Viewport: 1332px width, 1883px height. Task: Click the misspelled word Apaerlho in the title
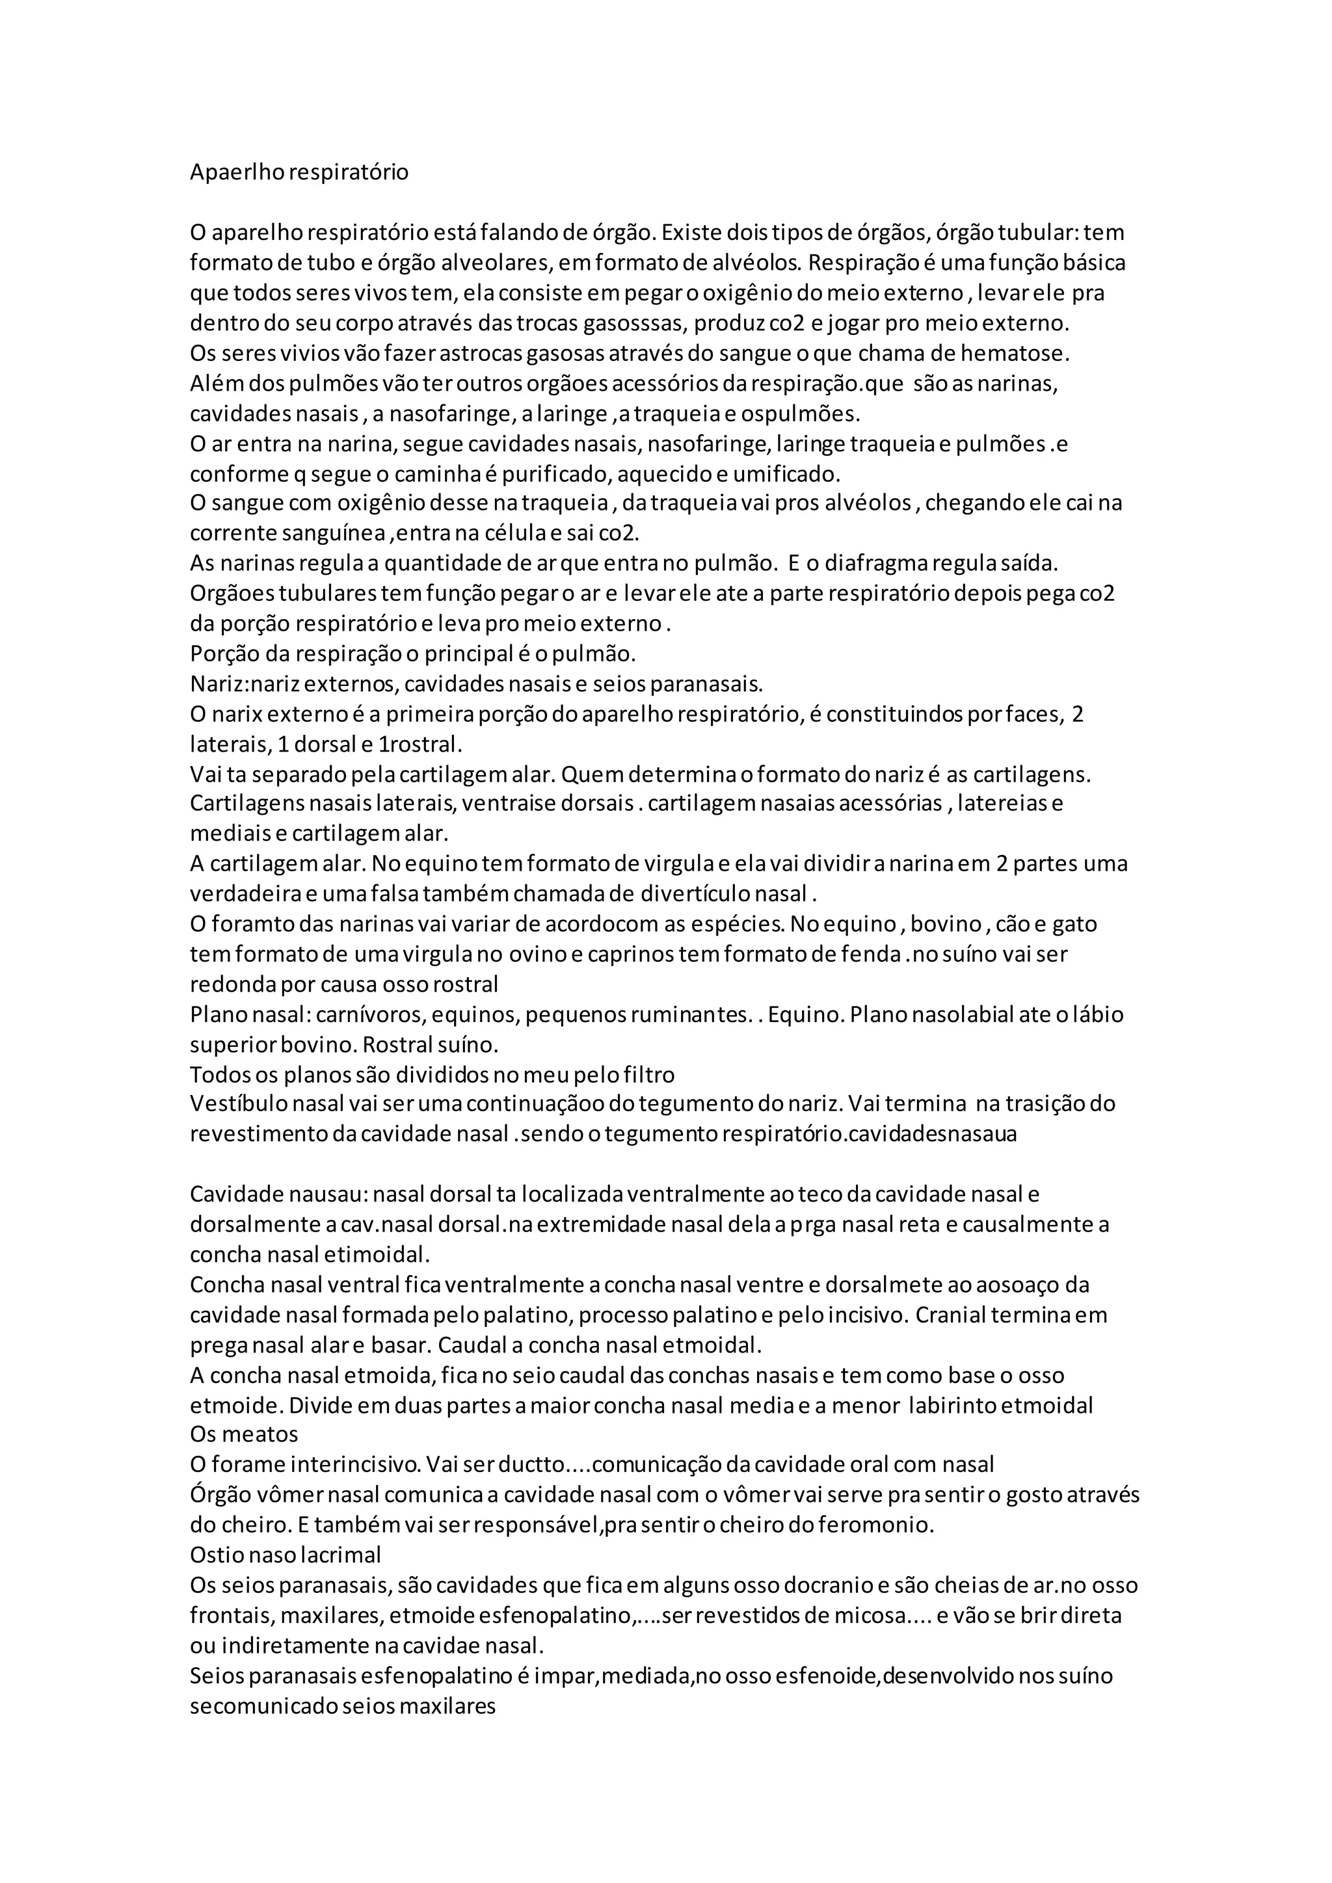[229, 173]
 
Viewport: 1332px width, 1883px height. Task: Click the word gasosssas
[634, 323]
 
